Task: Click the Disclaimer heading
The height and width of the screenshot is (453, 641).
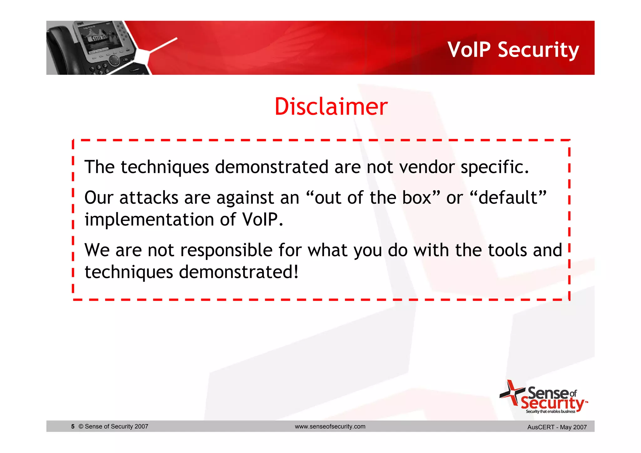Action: pyautogui.click(x=331, y=107)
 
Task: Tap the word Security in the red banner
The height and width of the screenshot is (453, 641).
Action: pyautogui.click(x=538, y=50)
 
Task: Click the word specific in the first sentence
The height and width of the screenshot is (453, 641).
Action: pyautogui.click(x=495, y=167)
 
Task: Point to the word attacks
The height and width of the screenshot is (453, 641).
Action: pyautogui.click(x=149, y=198)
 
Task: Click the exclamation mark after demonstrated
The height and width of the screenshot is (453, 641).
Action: pyautogui.click(x=296, y=272)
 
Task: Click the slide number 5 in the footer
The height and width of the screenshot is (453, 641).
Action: pyautogui.click(x=73, y=426)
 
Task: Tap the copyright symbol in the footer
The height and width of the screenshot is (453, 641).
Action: pyautogui.click(x=81, y=426)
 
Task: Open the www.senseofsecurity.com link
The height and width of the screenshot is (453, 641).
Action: pyautogui.click(x=330, y=426)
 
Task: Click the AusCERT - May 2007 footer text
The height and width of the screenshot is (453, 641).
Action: pyautogui.click(x=557, y=427)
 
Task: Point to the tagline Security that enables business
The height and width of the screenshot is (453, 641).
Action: pyautogui.click(x=550, y=411)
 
